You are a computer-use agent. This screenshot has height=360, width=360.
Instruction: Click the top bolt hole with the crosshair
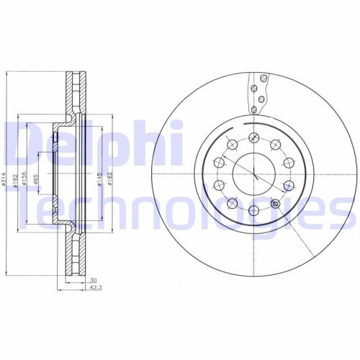coord(253,138)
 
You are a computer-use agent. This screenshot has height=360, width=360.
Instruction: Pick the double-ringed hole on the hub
coord(275,204)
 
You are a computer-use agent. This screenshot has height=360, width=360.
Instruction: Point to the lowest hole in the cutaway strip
coord(254,108)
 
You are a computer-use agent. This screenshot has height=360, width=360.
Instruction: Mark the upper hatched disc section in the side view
coord(74,94)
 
